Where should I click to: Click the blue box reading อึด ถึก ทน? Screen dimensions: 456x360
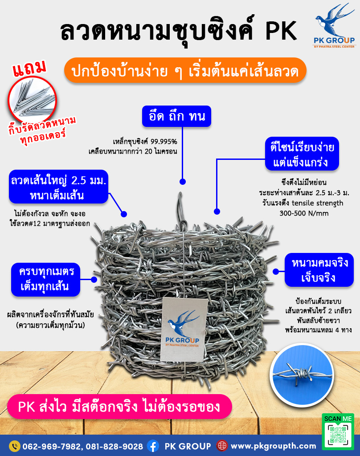(177, 117)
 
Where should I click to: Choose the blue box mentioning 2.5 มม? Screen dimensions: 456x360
(58, 187)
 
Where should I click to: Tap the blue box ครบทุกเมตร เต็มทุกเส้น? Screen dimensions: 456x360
(44, 279)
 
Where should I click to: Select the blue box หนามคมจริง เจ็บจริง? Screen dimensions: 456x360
(317, 271)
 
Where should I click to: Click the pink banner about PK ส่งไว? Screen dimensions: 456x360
(119, 407)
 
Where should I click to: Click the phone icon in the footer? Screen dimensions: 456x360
(14, 446)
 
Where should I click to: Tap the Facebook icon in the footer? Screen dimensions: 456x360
(153, 446)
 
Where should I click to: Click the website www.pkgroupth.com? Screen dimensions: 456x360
(274, 446)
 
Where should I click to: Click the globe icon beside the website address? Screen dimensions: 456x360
(222, 446)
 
